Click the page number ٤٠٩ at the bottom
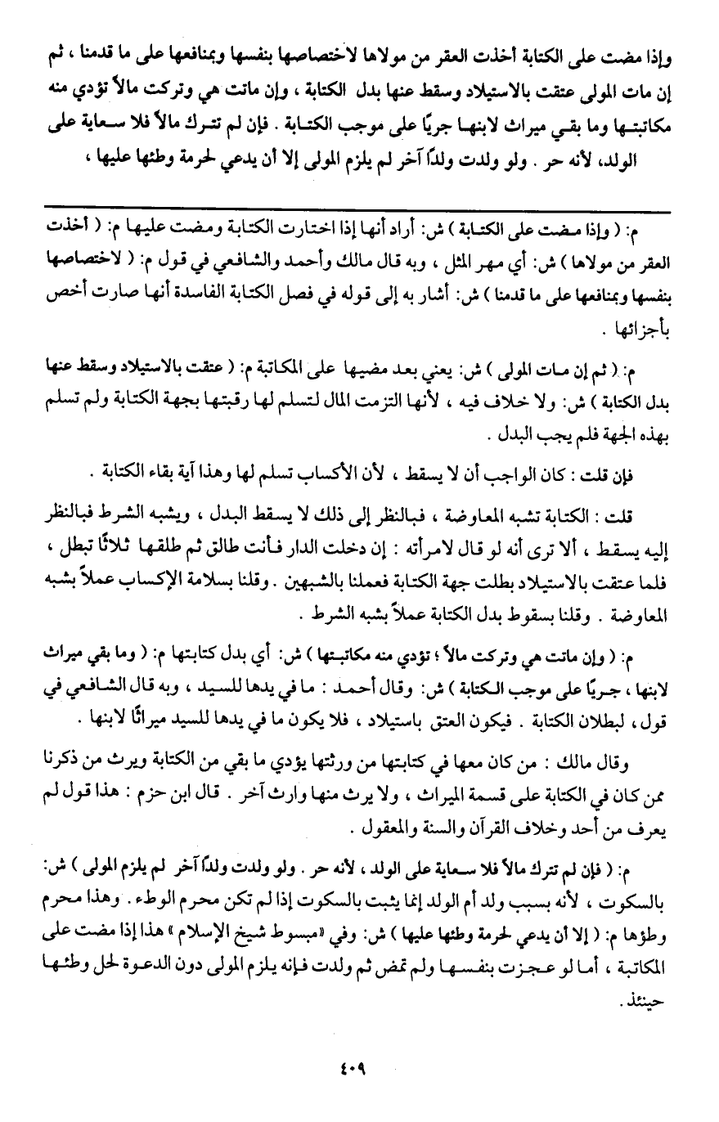coord(359,1066)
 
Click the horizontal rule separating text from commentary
coord(359,210)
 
